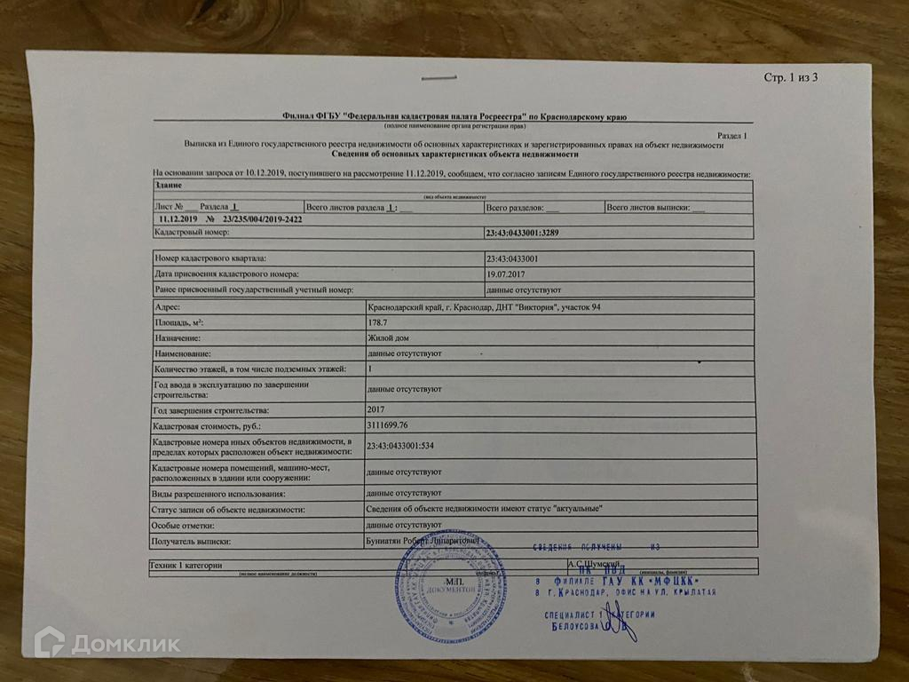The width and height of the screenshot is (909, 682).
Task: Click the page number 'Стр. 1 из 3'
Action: pyautogui.click(x=790, y=77)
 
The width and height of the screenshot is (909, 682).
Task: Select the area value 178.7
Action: pyautogui.click(x=376, y=323)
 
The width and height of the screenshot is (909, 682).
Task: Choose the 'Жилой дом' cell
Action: pyautogui.click(x=388, y=338)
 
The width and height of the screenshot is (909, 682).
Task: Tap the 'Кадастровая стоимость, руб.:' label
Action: pyautogui.click(x=206, y=428)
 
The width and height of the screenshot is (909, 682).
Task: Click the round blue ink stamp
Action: pyautogui.click(x=451, y=588)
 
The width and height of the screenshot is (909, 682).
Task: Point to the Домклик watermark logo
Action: pyautogui.click(x=107, y=643)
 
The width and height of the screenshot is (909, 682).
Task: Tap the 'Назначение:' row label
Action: pyautogui.click(x=178, y=338)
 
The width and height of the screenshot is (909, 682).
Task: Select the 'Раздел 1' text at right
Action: pyautogui.click(x=732, y=135)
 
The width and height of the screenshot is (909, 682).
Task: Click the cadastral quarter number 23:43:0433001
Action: pyautogui.click(x=518, y=258)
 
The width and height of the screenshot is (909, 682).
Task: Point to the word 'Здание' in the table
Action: pyautogui.click(x=169, y=185)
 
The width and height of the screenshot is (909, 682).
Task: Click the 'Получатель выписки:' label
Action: pyautogui.click(x=193, y=541)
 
